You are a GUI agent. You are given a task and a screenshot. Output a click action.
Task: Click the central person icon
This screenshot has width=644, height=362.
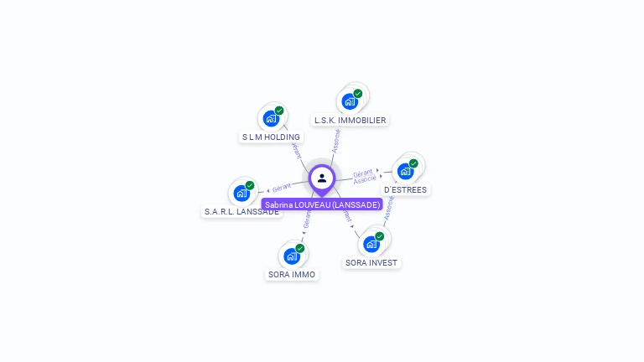coord(322,178)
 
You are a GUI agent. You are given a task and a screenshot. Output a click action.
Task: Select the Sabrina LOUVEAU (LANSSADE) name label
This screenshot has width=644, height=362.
coord(322,204)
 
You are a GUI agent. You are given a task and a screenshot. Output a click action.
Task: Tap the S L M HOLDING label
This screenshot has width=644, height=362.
coord(271,137)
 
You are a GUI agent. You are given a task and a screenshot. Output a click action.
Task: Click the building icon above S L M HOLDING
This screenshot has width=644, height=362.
coord(270,118)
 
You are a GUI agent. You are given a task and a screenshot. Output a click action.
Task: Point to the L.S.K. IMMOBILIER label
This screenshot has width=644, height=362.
coord(350,120)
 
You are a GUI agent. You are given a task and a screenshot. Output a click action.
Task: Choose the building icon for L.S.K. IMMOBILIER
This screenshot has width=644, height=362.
coord(350,101)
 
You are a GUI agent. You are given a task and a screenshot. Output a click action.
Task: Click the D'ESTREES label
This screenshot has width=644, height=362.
coord(406,189)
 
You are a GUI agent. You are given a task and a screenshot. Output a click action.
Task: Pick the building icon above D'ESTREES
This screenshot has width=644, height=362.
coord(406,171)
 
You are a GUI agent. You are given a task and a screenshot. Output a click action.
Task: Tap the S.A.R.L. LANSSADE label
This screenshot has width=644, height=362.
coord(241,212)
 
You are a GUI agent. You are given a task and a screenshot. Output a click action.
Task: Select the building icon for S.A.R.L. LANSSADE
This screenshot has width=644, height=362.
coord(241,194)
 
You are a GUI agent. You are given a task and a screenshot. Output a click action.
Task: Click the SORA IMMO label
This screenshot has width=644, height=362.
coord(292,274)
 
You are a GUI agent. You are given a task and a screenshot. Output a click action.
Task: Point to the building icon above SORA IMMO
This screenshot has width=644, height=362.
coord(291,256)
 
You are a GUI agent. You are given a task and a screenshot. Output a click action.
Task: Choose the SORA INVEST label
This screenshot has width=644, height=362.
coord(371,262)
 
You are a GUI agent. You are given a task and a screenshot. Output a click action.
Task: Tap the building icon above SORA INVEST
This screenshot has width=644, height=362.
coord(371,244)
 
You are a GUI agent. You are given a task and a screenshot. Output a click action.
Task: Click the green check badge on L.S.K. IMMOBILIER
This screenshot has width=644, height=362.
coord(358,94)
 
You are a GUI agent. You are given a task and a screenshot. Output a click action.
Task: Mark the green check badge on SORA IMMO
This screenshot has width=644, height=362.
coord(299,248)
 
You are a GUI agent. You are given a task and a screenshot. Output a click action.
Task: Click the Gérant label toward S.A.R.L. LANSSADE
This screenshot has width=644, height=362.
coord(282,187)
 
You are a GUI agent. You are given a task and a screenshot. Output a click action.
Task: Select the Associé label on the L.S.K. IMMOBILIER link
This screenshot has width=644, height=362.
coord(336,140)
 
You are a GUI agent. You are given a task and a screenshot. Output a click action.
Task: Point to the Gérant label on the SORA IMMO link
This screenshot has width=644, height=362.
coord(307,220)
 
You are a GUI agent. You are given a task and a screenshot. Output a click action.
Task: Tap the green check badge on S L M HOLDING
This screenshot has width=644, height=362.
coord(279,111)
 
